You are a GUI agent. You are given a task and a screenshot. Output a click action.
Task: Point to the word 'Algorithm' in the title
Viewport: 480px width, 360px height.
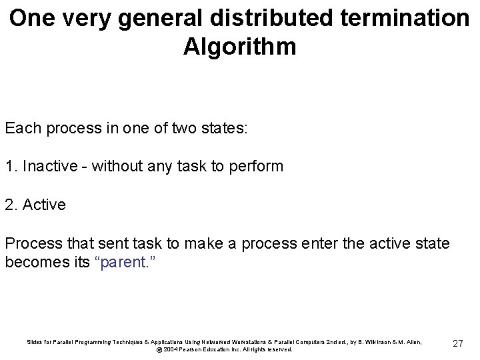click(x=239, y=47)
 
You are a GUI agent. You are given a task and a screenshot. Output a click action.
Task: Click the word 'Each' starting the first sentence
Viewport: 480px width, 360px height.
click(x=23, y=128)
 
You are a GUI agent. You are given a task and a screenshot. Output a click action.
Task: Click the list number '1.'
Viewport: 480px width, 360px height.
click(x=11, y=166)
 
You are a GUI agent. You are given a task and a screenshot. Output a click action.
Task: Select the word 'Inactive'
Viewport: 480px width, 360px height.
click(x=50, y=166)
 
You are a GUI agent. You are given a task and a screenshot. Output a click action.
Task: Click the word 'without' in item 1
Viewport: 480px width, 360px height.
click(x=117, y=166)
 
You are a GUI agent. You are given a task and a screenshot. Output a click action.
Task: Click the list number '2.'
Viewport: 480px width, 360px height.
click(x=11, y=205)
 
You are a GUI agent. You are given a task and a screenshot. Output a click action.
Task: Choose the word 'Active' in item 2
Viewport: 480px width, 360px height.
click(x=44, y=205)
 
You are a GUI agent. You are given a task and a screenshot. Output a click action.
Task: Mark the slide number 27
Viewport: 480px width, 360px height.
click(x=458, y=343)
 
